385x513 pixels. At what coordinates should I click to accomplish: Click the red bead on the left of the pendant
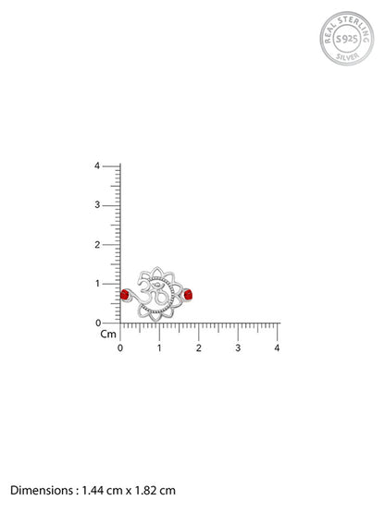[124, 295]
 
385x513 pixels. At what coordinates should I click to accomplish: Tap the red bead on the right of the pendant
[188, 295]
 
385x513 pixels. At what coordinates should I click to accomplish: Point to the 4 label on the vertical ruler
[97, 165]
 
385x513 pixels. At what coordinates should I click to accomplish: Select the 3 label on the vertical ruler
[97, 205]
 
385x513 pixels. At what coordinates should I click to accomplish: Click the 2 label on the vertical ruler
[97, 244]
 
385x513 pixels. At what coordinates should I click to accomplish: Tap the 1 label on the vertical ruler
[97, 284]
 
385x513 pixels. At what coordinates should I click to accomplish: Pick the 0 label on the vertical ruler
[98, 324]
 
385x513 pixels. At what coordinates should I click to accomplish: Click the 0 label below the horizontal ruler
[120, 348]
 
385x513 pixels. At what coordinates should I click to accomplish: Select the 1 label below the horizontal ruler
[159, 348]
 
